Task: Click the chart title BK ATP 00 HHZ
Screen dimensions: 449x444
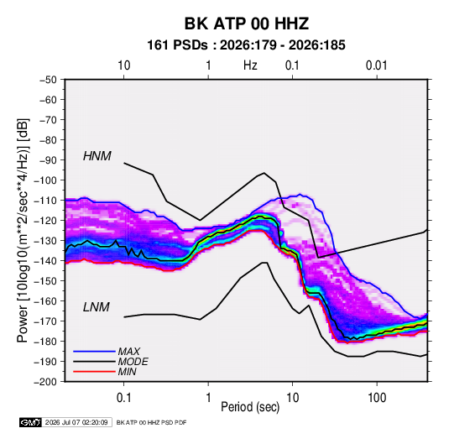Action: pos(247,24)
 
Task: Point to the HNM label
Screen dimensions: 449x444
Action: pos(97,156)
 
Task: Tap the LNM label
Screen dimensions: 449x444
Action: pos(97,307)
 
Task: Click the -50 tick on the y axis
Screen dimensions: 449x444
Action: pos(49,80)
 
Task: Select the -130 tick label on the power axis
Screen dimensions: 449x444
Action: pos(45,241)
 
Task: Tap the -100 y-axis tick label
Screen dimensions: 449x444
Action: pos(45,180)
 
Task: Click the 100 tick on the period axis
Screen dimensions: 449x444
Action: pos(377,398)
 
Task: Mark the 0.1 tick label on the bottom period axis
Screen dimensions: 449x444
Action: pos(123,398)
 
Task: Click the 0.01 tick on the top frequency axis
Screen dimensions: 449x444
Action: pos(377,65)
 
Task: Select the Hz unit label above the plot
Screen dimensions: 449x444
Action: pos(250,65)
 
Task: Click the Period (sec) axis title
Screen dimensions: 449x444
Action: pos(250,407)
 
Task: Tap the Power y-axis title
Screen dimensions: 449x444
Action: pos(23,231)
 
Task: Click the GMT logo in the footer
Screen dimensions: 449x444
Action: pos(30,422)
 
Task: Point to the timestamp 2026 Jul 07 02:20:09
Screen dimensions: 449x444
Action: pos(76,422)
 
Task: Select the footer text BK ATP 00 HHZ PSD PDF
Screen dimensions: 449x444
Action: pos(151,422)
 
